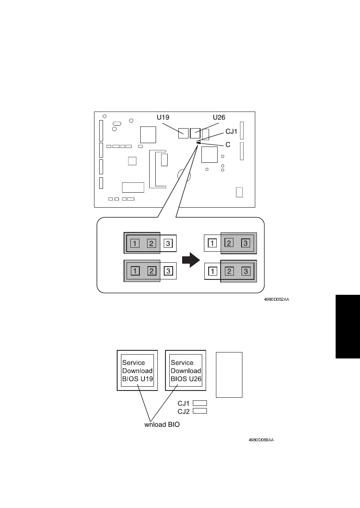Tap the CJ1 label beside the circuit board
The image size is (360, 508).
pyautogui.click(x=231, y=132)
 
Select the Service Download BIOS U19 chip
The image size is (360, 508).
pyautogui.click(x=137, y=370)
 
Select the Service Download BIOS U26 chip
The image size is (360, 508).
pyautogui.click(x=186, y=370)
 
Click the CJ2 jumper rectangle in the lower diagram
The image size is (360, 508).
pyautogui.click(x=200, y=411)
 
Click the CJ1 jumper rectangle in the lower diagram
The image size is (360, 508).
pyautogui.click(x=200, y=403)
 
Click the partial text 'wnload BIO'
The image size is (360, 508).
pyautogui.click(x=162, y=425)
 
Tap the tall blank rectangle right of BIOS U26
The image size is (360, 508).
pyautogui.click(x=229, y=375)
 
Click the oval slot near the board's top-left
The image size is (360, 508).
pyautogui.click(x=116, y=123)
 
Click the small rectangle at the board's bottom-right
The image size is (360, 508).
pyautogui.click(x=239, y=192)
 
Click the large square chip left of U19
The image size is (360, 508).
pyautogui.click(x=148, y=135)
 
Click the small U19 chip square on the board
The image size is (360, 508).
pyautogui.click(x=183, y=133)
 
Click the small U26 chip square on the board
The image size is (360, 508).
pyautogui.click(x=195, y=133)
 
